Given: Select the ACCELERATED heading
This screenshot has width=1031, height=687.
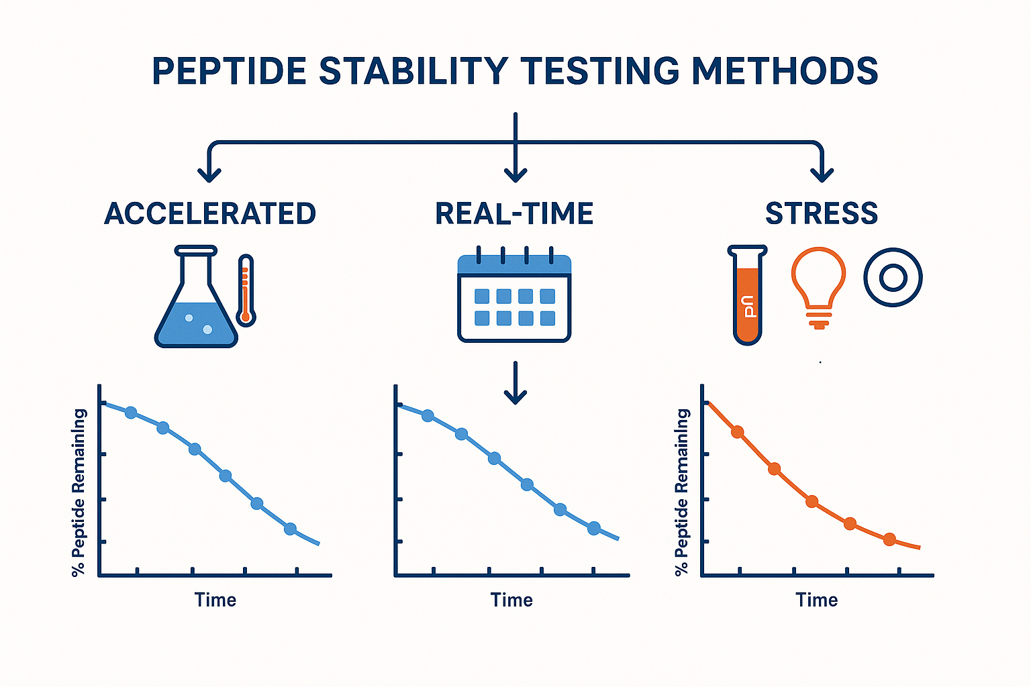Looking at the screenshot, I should point(210,214).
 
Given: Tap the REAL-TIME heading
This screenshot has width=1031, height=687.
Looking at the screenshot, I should point(514,214).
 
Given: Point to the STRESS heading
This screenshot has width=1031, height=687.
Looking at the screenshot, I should point(822,214).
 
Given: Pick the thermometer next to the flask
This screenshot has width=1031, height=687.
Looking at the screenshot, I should point(246,290).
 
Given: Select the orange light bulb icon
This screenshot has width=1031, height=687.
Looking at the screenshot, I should point(818,285).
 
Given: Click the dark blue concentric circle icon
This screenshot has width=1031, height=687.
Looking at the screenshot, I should point(893,277).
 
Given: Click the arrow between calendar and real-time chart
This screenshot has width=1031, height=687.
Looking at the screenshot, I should point(515,384).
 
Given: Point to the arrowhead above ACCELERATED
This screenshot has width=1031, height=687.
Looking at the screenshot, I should point(209,173).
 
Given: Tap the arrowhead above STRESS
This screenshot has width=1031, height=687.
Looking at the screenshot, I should point(822,173).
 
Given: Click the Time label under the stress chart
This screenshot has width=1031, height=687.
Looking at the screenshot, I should point(816,600).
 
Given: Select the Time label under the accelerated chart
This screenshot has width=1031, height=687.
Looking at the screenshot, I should point(215,600).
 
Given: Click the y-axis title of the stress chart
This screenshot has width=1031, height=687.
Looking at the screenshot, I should point(682,492).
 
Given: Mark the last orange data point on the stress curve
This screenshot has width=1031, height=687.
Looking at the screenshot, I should point(889,539).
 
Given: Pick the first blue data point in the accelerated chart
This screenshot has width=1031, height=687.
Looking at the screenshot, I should point(131,413).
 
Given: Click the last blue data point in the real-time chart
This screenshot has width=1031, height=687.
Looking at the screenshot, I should point(593,529).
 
